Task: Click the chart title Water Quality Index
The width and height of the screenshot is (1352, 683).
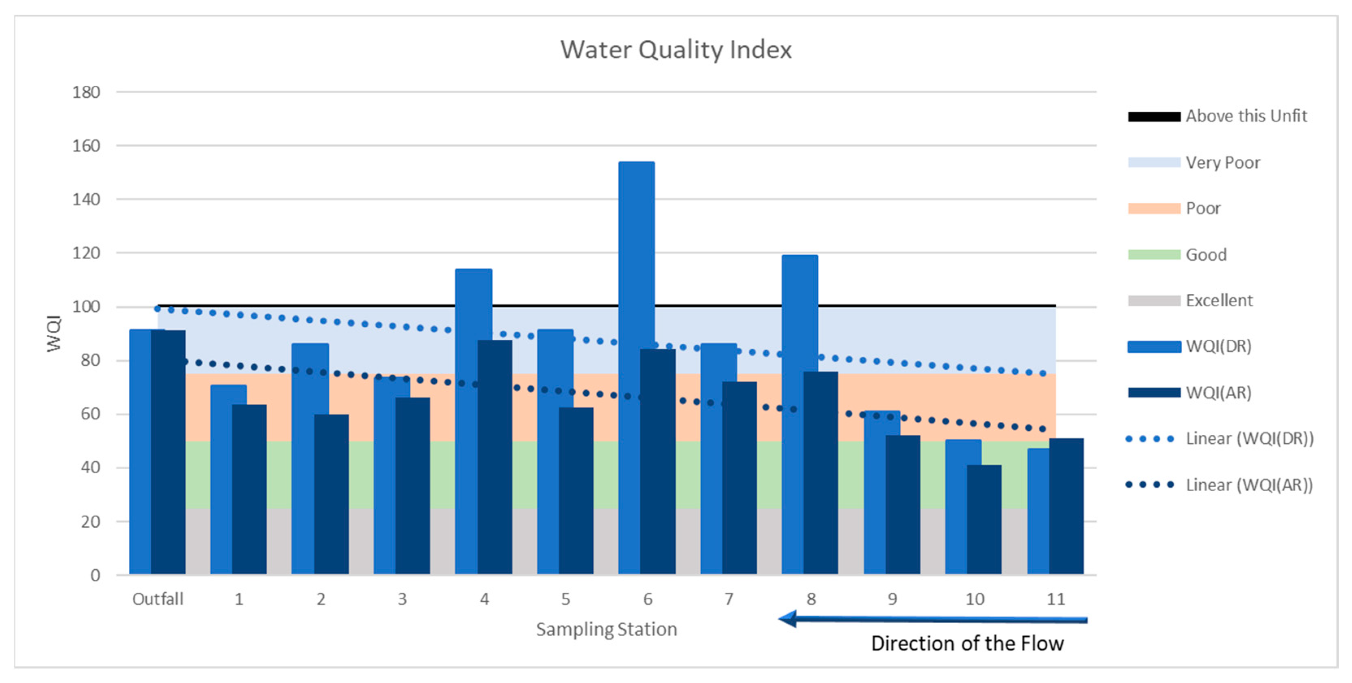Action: point(676,50)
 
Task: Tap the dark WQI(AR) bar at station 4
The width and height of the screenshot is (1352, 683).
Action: point(495,457)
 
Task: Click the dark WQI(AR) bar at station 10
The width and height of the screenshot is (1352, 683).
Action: point(984,520)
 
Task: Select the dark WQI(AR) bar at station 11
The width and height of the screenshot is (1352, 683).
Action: point(1066,507)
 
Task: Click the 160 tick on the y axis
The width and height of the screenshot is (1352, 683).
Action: point(86,146)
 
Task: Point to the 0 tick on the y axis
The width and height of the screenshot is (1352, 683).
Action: point(95,575)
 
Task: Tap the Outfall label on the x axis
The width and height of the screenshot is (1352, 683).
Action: point(158,599)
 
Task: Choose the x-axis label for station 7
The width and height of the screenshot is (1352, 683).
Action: point(728,599)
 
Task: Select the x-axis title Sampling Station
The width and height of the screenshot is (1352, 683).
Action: point(606,629)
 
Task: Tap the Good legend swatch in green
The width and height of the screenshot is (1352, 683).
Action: point(1154,255)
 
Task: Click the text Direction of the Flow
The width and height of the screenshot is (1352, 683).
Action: point(967,644)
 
